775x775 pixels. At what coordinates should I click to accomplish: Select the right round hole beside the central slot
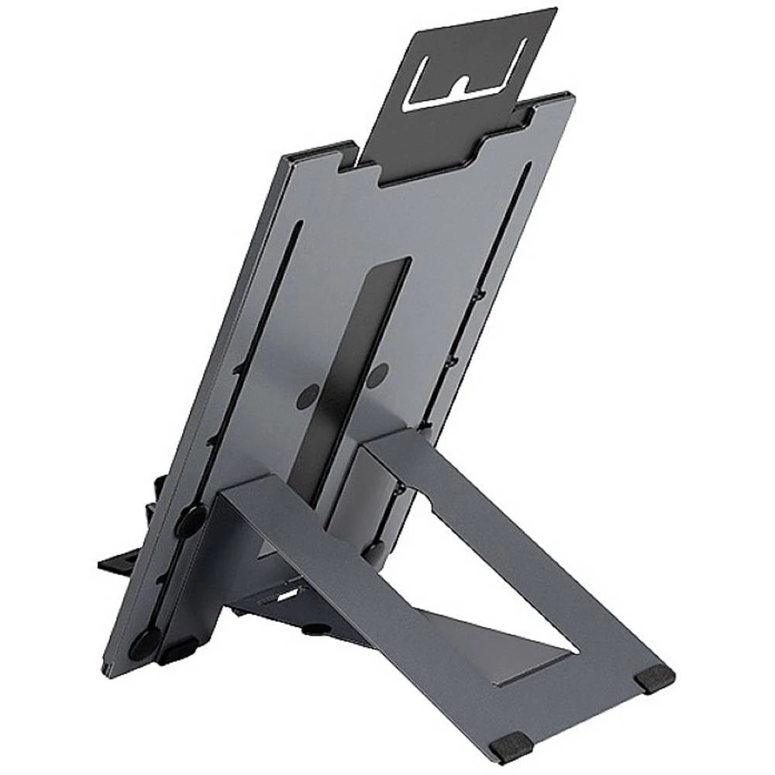click(x=377, y=376)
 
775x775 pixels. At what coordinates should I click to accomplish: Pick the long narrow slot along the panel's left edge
click(x=256, y=387)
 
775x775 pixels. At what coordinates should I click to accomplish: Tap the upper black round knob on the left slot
click(x=191, y=520)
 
